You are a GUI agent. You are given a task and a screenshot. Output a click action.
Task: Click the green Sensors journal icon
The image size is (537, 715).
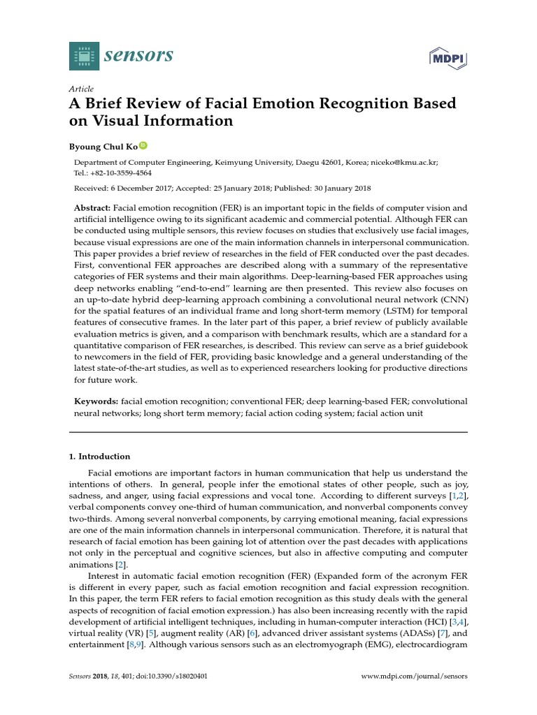84,56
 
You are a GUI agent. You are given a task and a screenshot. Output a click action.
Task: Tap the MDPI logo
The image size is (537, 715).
447,57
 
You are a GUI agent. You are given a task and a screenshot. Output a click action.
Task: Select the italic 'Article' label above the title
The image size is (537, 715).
81,89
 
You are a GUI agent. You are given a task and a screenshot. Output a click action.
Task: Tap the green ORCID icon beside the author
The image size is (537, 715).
143,145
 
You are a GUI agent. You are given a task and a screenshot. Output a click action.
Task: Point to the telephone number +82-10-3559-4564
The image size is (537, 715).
118,173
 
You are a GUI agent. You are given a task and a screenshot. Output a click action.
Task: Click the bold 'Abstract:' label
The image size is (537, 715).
92,209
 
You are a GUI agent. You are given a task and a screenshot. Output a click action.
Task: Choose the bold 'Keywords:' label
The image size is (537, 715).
96,401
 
